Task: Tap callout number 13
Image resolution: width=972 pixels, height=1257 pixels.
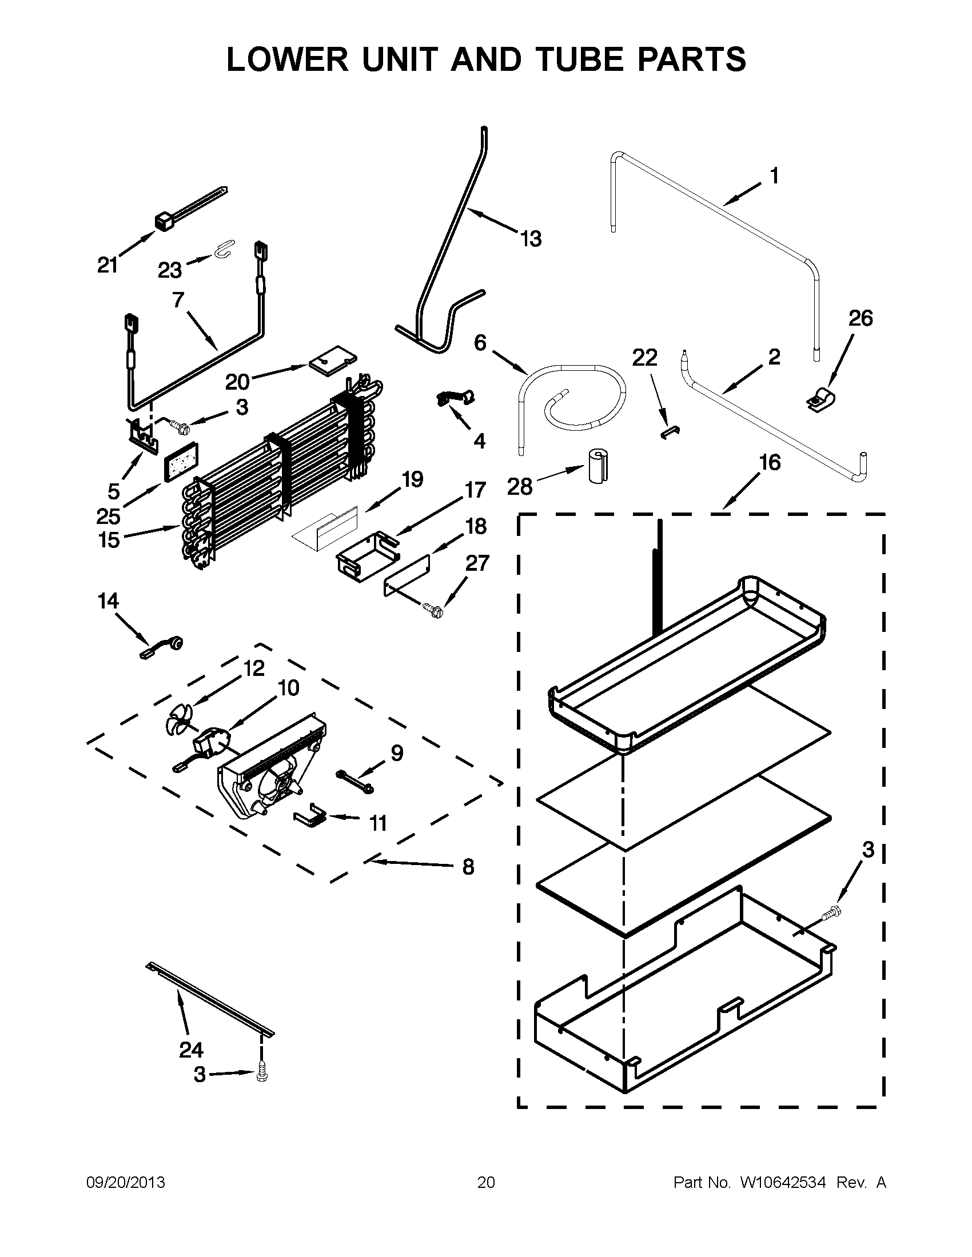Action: pyautogui.click(x=531, y=238)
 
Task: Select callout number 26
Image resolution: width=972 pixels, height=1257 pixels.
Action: pyautogui.click(x=861, y=318)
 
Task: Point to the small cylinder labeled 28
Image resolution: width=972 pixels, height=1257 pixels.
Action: pyautogui.click(x=598, y=465)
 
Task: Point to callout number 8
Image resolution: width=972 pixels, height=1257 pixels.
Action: pyautogui.click(x=468, y=882)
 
